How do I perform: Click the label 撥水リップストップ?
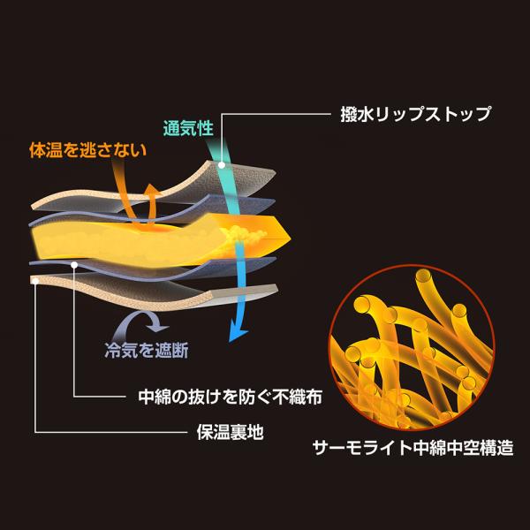pos(415,114)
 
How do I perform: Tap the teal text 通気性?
pos(188,128)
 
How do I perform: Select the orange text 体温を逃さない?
pos(87,150)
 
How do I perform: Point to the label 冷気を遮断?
pos(147,351)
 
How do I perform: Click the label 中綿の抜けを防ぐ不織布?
pos(231,397)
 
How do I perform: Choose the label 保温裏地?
pos(230,432)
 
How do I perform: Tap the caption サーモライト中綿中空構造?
pos(413,448)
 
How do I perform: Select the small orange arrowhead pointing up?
pos(150,189)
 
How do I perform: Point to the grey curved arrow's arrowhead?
pos(160,327)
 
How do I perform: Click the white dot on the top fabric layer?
pos(222,165)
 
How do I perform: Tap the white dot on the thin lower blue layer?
pos(74,265)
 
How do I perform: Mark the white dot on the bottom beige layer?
pos(35,281)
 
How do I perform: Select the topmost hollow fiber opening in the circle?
pos(423,276)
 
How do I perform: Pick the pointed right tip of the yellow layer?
pos(290,238)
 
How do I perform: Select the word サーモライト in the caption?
pos(362,448)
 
